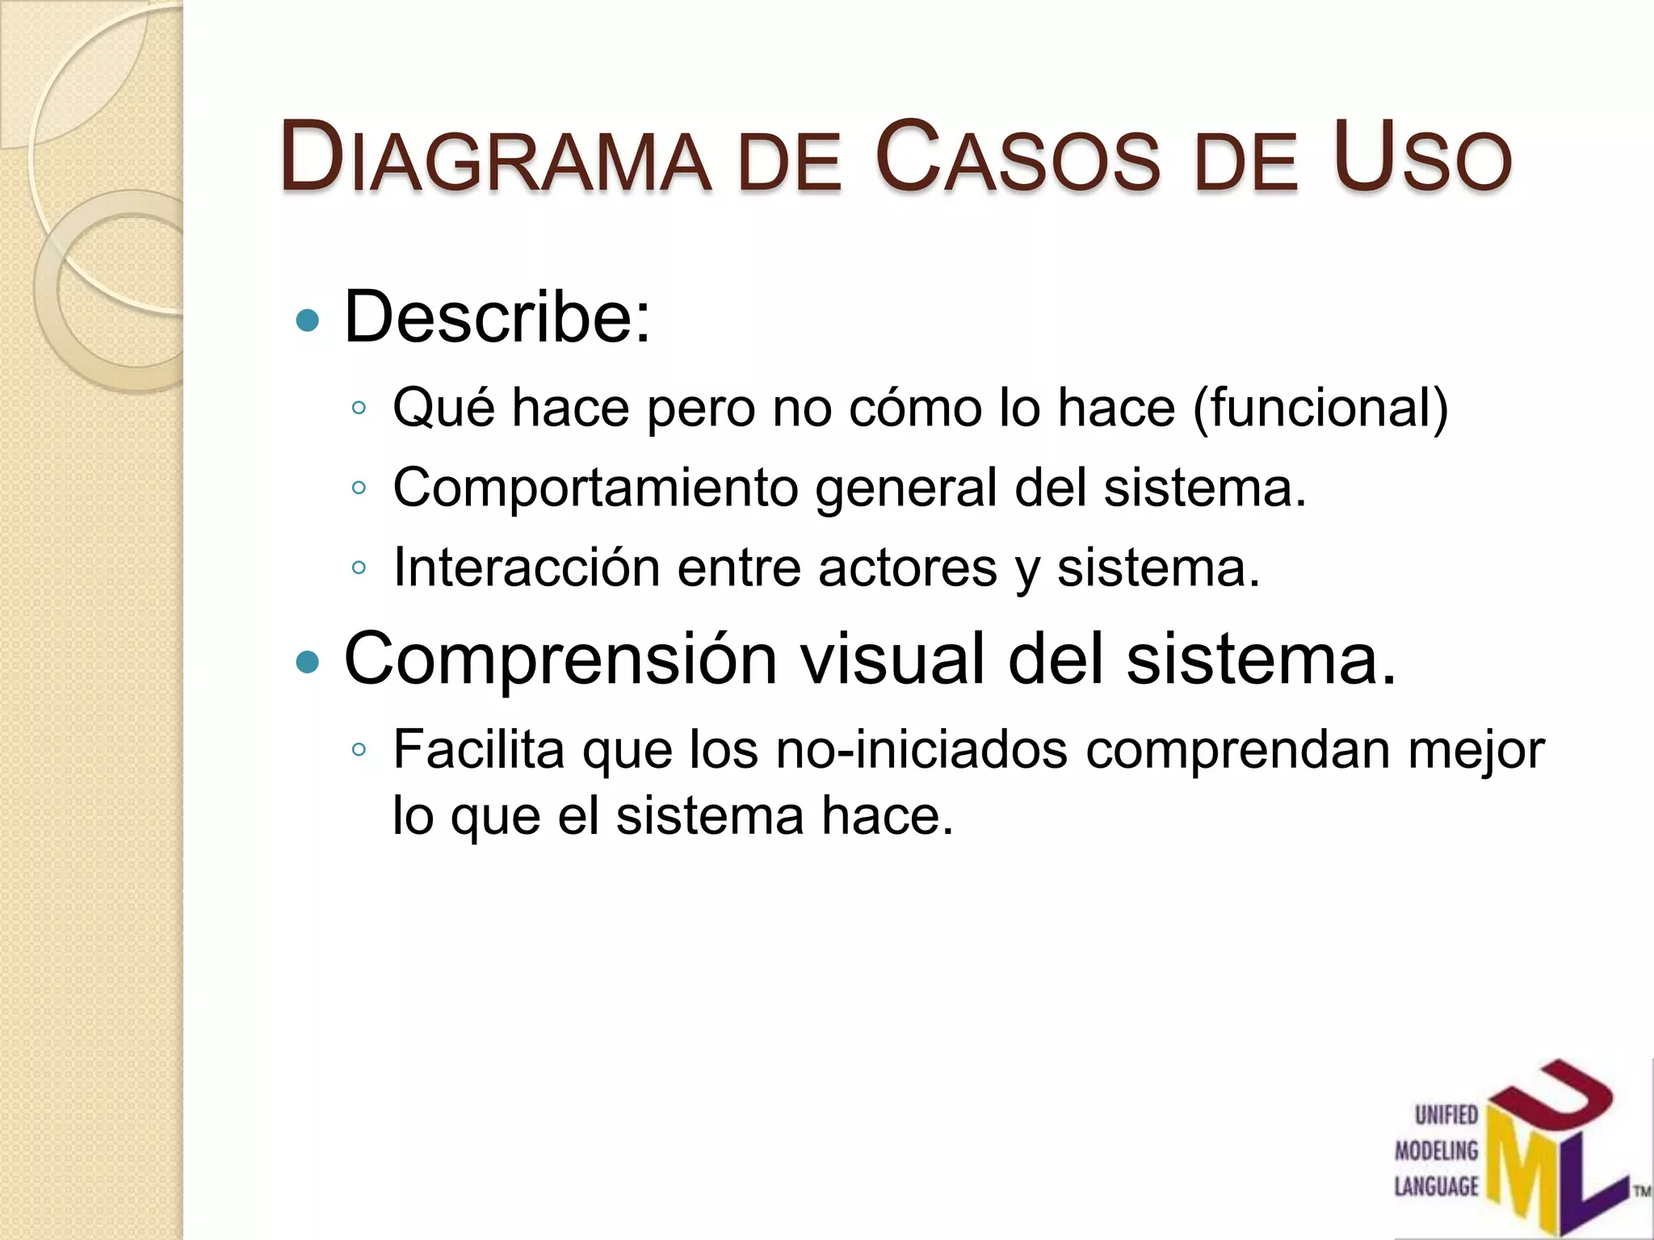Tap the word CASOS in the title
coord(1017,158)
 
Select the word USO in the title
coord(1421,158)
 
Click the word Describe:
coord(497,317)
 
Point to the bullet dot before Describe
coord(308,321)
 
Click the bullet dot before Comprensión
coord(308,663)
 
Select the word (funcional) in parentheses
coord(1320,408)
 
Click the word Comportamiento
coord(595,488)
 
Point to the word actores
coord(908,568)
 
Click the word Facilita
coord(478,750)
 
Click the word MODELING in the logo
coord(1436,1150)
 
